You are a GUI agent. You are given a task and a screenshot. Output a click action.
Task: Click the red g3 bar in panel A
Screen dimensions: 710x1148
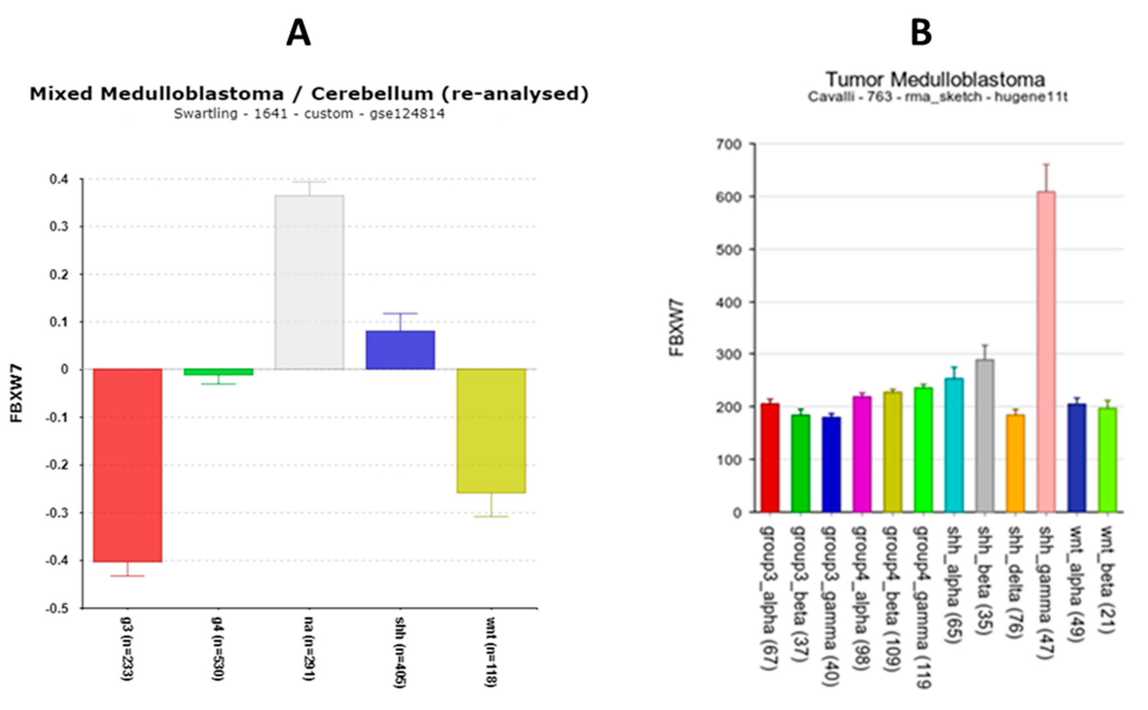click(127, 465)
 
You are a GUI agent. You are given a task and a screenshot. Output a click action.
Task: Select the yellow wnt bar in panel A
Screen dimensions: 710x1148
click(492, 431)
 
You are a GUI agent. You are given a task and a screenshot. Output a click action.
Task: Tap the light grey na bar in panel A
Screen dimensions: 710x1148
click(309, 282)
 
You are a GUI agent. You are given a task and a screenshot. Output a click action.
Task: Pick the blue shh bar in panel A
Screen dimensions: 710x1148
click(400, 350)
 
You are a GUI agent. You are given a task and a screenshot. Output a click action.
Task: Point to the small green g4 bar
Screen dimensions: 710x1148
click(218, 372)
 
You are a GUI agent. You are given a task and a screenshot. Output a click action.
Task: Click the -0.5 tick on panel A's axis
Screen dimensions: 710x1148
click(57, 609)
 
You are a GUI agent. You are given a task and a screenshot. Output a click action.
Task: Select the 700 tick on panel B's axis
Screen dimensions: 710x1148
click(729, 144)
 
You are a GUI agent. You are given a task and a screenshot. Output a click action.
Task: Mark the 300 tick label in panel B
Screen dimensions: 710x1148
click(729, 354)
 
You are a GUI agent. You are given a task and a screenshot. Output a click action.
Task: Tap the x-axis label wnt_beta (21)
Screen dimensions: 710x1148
click(1107, 580)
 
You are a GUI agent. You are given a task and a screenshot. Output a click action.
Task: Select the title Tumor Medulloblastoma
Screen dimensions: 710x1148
click(935, 80)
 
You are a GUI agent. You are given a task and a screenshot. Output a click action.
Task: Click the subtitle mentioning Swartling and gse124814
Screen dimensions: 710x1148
click(309, 114)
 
